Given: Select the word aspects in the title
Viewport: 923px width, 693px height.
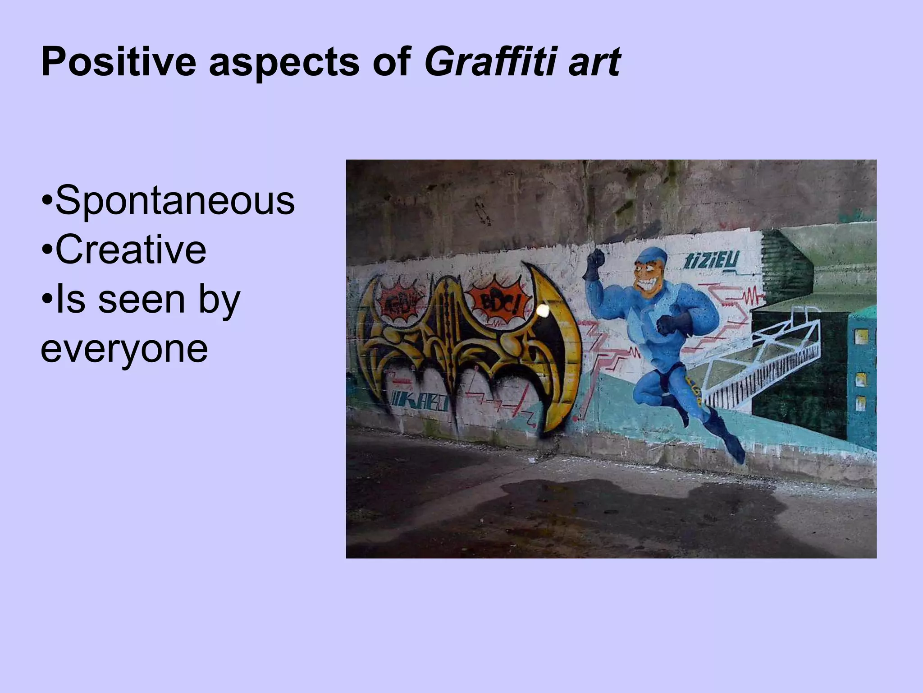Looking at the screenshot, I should pyautogui.click(x=284, y=63).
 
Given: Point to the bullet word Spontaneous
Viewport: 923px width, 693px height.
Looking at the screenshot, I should pyautogui.click(x=175, y=202).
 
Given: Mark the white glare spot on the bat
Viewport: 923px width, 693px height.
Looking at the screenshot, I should pyautogui.click(x=543, y=310).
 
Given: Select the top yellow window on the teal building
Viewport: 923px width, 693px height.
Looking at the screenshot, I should pyautogui.click(x=861, y=337).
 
